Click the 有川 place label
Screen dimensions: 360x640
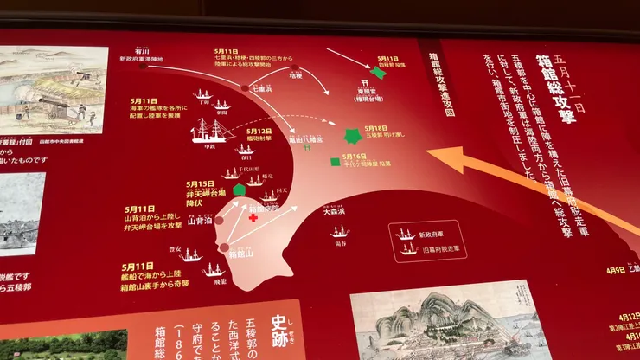[143, 51]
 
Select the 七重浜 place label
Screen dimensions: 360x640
[261, 88]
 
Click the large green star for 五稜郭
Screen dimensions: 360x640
[353, 136]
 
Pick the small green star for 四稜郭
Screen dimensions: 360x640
[379, 73]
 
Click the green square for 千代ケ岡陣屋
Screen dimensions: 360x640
[334, 161]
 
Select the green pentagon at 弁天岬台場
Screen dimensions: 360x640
[240, 190]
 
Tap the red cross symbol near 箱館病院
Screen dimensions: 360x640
[253, 218]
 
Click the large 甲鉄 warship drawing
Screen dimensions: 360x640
[210, 132]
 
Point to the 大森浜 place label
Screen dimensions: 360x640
[335, 210]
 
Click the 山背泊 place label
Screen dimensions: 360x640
[199, 222]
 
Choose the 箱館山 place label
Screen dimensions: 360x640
[241, 254]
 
